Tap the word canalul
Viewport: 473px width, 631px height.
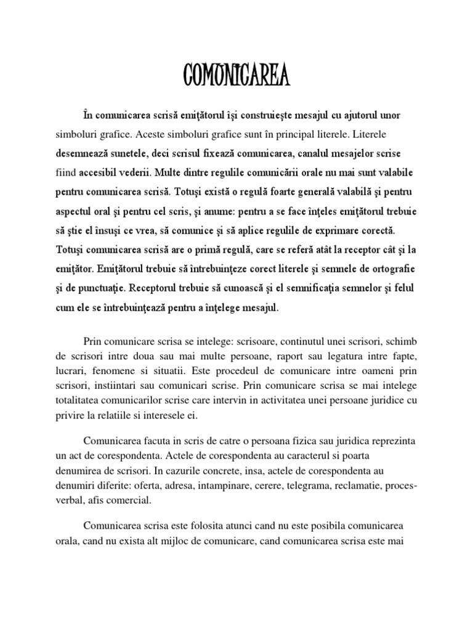coord(283,152)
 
